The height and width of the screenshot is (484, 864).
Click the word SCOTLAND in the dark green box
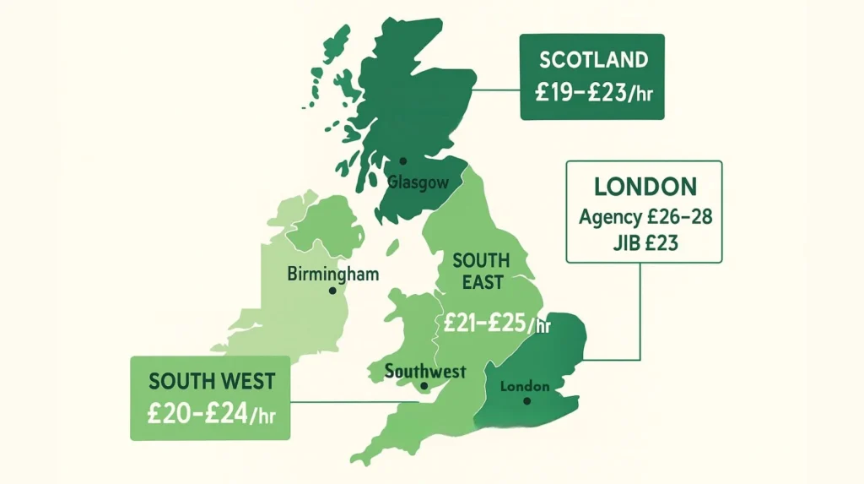pyautogui.click(x=591, y=60)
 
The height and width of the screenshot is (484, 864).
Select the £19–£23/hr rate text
pyautogui.click(x=591, y=91)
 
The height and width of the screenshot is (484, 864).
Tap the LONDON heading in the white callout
pyautogui.click(x=645, y=186)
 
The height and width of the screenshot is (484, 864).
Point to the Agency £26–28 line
pyautogui.click(x=645, y=216)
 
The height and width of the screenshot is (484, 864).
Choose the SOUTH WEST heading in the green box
pyautogui.click(x=211, y=381)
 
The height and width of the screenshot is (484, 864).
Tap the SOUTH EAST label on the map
pyautogui.click(x=481, y=270)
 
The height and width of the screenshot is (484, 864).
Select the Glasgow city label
pyautogui.click(x=417, y=182)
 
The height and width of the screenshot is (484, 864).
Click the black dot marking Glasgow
pyautogui.click(x=403, y=160)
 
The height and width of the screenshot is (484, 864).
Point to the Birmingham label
pyautogui.click(x=332, y=274)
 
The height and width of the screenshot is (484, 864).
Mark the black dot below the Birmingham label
pyautogui.click(x=332, y=290)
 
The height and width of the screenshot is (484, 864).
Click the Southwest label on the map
pyautogui.click(x=425, y=371)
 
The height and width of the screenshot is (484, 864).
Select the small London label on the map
pyautogui.click(x=525, y=386)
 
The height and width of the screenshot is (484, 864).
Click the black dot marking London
pyautogui.click(x=526, y=401)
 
